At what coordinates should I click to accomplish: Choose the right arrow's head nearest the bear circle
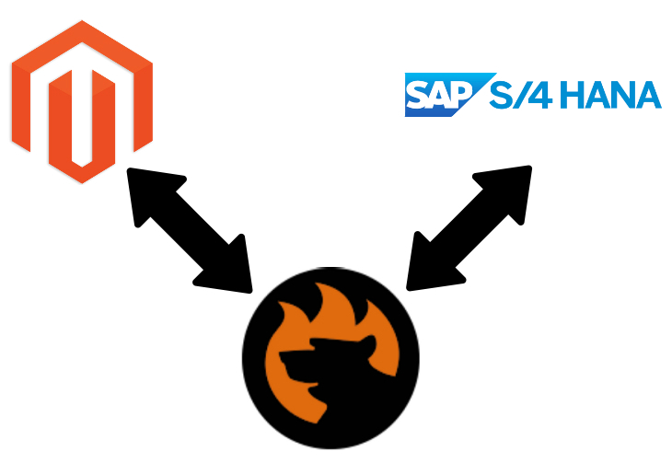(425, 269)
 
